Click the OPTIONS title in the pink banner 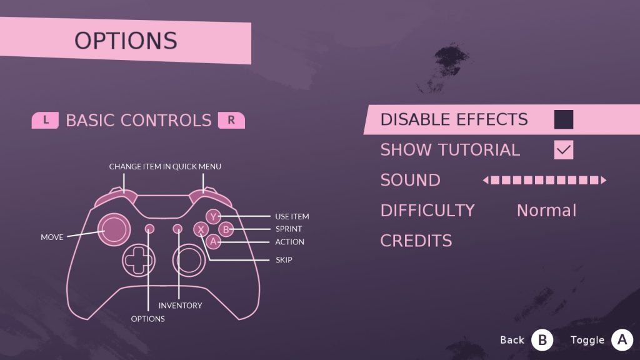coord(126,41)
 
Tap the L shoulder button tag coord(45,121)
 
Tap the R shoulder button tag coord(231,121)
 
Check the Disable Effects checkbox coord(564,119)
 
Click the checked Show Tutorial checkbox coord(564,150)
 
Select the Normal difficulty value coord(546,211)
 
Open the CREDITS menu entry coord(416,241)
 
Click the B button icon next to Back coord(542,340)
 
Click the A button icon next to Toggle coord(622,339)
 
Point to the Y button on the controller coord(213,217)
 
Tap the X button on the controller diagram coord(201,230)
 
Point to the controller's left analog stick coord(114,229)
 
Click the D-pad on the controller coord(138,260)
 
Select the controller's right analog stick coord(189,260)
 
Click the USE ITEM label coord(292,217)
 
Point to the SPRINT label coord(289,229)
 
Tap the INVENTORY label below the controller coord(181,306)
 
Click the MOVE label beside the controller coord(52,237)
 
